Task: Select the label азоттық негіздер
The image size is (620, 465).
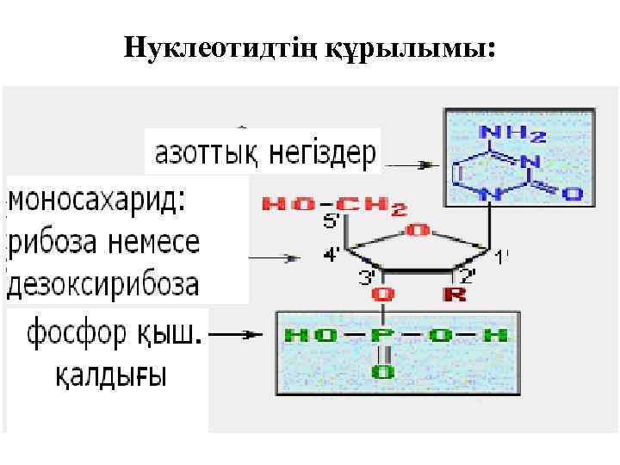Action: [264, 155]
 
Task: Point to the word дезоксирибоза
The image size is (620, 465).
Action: [103, 282]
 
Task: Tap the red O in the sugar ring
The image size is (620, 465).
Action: [417, 230]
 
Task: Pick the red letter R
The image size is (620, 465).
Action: [454, 294]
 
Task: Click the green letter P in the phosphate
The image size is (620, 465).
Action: [381, 336]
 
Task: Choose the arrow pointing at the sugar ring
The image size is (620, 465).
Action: [276, 256]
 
